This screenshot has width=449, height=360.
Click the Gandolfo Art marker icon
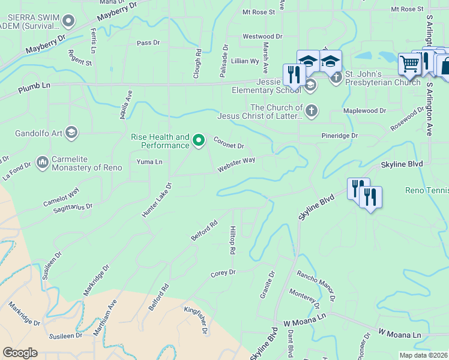tap(71, 132)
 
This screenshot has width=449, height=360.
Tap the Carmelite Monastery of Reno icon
tap(43, 161)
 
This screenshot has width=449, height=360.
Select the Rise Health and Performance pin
tap(200, 141)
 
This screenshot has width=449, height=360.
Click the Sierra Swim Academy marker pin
tap(68, 22)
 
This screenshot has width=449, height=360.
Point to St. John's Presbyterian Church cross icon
tap(336, 77)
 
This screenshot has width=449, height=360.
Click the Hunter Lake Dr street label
tap(157, 200)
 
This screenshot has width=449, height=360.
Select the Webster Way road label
tap(237, 164)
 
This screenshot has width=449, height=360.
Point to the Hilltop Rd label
tap(232, 239)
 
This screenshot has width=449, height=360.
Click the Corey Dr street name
tap(223, 273)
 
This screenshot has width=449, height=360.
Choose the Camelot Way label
tap(61, 199)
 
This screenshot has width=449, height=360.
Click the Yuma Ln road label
tap(149, 162)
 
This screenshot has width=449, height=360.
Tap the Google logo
tap(20, 353)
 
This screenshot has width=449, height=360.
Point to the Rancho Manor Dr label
tap(316, 284)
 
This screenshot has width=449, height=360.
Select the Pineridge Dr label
tap(339, 136)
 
